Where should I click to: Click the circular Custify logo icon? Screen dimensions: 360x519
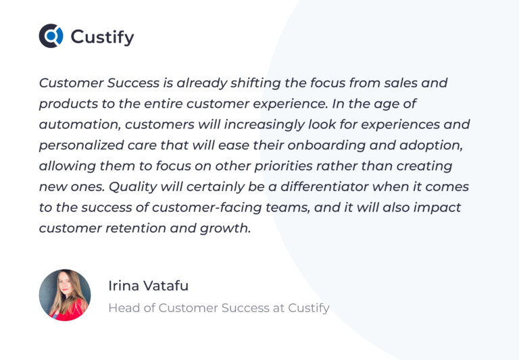51,36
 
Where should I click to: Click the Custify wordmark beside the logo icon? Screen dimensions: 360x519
102,36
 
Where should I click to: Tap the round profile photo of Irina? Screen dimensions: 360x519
65,295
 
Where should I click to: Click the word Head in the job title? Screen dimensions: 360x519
122,308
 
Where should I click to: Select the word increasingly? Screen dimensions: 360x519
272,125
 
